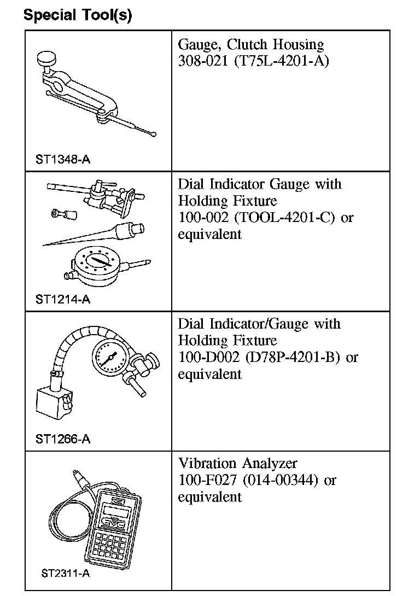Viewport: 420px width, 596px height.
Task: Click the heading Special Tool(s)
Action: pos(78,15)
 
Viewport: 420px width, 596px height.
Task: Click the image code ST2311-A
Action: pos(65,574)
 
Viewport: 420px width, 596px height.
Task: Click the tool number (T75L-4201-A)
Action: pos(281,61)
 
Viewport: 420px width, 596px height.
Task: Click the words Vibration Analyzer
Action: pos(238,464)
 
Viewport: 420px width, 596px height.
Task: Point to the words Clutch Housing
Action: pos(275,44)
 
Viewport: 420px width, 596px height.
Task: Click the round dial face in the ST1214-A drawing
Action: pos(97,264)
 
